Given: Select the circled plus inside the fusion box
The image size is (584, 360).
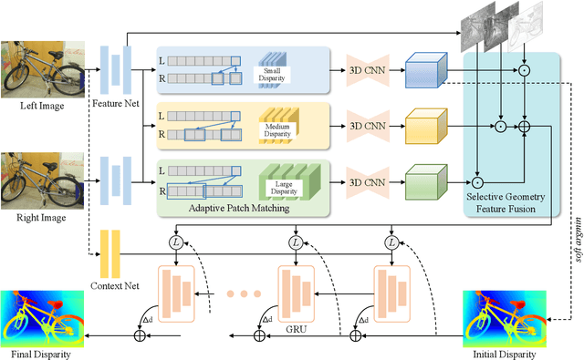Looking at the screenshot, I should [524, 127].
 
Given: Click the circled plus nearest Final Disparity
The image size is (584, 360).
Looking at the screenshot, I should [140, 336].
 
